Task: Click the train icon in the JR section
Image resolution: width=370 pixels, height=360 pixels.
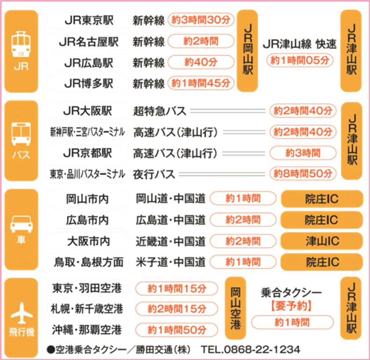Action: [x=21, y=44]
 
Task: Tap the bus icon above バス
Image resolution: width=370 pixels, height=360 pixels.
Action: [x=21, y=134]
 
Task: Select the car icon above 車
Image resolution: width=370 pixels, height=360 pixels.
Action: [x=21, y=224]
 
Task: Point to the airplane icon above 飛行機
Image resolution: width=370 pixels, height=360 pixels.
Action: [x=22, y=313]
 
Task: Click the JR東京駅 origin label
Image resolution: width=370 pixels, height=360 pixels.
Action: [x=89, y=20]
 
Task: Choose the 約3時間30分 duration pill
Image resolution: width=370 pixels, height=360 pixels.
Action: [x=201, y=20]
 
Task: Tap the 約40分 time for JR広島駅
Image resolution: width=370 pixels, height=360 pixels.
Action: [x=201, y=62]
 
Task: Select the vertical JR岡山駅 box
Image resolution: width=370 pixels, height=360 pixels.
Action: [x=247, y=51]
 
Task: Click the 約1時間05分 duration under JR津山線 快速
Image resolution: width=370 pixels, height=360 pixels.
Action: [x=300, y=60]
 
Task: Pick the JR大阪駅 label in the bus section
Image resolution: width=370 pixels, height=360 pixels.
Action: [x=88, y=111]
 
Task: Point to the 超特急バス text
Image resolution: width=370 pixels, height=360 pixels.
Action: [x=160, y=111]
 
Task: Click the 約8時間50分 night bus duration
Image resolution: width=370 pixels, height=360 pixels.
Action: [x=303, y=174]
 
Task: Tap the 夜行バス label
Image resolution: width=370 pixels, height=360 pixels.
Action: [x=154, y=174]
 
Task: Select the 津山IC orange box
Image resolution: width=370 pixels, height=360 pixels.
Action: [x=322, y=241]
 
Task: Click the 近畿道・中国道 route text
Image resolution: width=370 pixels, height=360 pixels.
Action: [x=170, y=241]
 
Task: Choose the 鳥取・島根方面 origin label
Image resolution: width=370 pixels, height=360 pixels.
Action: [x=89, y=262]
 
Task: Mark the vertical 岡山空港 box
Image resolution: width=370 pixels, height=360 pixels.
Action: [x=236, y=308]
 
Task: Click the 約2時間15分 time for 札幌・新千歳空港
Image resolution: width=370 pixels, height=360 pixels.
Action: [x=177, y=309]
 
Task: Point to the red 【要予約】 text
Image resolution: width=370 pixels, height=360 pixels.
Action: [x=292, y=306]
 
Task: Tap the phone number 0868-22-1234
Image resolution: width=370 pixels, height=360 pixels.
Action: [x=262, y=349]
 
